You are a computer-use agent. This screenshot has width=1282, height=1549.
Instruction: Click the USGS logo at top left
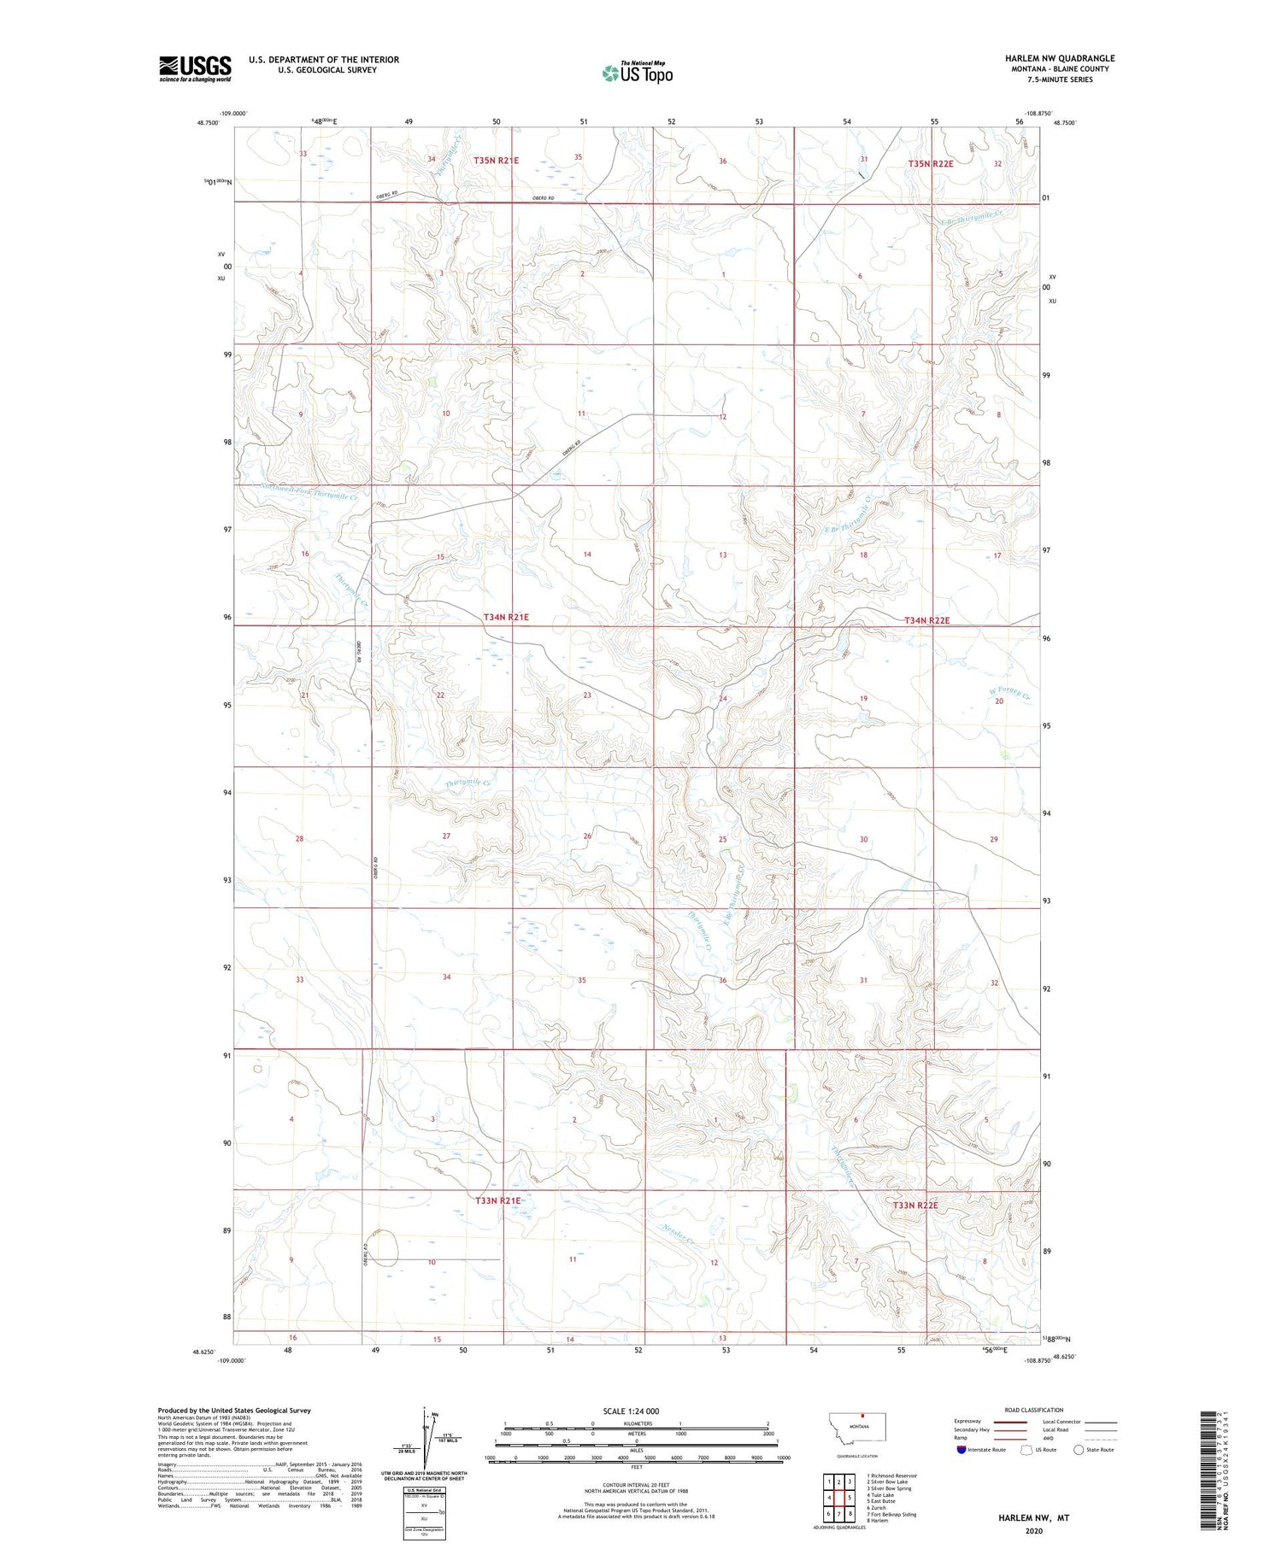click(195, 68)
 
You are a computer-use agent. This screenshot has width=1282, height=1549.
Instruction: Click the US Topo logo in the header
click(638, 73)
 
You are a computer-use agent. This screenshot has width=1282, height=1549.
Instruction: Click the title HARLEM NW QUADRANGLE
click(1060, 58)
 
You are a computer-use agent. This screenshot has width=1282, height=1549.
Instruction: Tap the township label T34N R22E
click(926, 620)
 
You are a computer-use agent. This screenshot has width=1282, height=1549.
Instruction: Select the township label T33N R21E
click(497, 1200)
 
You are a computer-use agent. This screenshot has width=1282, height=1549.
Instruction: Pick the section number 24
click(722, 699)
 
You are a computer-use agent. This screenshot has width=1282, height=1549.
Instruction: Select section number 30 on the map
click(863, 840)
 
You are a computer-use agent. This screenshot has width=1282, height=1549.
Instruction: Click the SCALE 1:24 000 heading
click(631, 1411)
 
